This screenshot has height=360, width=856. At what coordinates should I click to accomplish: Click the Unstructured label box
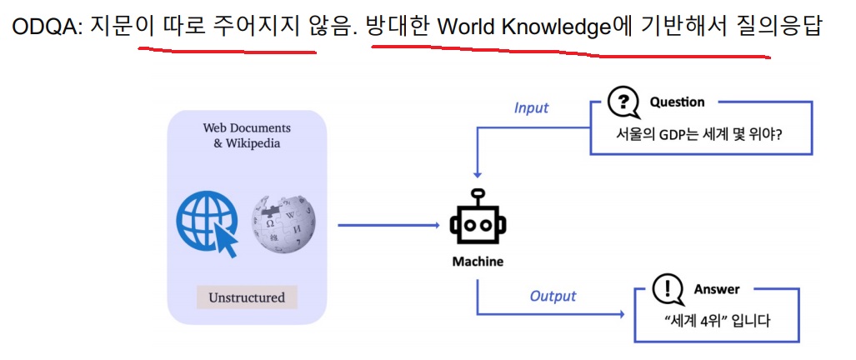coord(246,297)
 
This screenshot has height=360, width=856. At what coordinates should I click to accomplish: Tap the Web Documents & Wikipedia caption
coord(247,135)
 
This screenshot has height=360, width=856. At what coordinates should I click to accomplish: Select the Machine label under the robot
coord(478,262)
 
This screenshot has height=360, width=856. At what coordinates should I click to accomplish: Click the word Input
coord(531,107)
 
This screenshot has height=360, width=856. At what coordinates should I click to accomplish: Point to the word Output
coord(553,296)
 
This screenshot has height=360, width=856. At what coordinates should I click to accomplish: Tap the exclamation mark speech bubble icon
coord(666,290)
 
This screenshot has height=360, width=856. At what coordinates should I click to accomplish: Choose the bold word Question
coord(677,102)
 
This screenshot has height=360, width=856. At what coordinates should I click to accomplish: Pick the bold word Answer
coord(716,289)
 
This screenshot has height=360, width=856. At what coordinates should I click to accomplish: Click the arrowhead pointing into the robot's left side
coord(434,225)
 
